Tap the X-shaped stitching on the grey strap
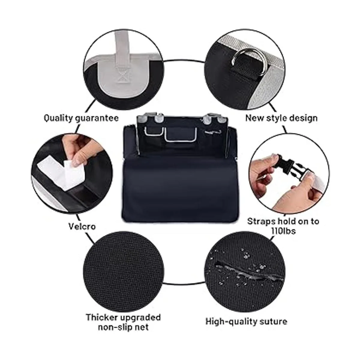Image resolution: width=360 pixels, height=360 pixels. click(122, 76)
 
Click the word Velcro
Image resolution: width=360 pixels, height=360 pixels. click(82, 226)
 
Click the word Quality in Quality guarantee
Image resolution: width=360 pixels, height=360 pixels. click(58, 118)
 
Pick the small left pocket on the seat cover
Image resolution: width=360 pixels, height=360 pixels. click(153, 130)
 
